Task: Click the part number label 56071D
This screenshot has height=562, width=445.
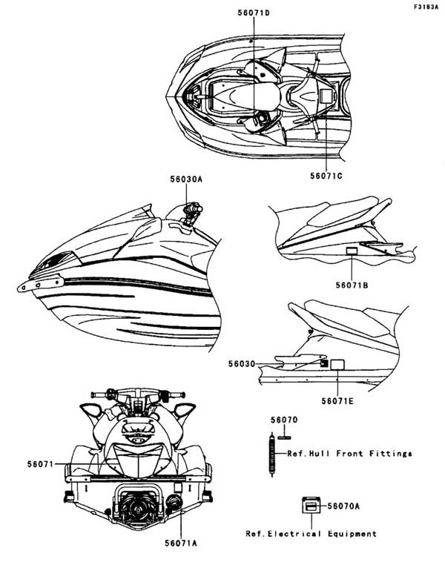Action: [x=254, y=13]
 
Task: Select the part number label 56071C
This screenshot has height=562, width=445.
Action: [x=326, y=176]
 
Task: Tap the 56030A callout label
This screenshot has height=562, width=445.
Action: [x=186, y=179]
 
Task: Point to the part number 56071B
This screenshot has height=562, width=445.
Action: [x=352, y=285]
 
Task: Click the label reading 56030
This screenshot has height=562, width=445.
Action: [x=242, y=364]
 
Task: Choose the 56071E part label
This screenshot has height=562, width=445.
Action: [x=337, y=400]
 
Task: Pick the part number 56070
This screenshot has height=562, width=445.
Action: [x=284, y=420]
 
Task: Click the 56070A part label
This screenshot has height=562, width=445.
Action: [x=343, y=506]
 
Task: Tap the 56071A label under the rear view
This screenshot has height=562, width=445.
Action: [x=181, y=543]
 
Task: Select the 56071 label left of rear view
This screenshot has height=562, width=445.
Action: [x=40, y=465]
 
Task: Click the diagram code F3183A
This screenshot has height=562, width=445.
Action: [x=426, y=7]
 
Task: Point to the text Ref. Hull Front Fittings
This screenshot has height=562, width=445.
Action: [x=349, y=454]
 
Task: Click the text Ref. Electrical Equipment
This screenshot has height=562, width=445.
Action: [x=311, y=534]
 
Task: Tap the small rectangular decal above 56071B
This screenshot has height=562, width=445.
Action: [x=352, y=251]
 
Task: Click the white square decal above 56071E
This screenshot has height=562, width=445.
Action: [x=337, y=365]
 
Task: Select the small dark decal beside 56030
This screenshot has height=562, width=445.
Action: [x=324, y=363]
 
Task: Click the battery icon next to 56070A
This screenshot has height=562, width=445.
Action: [x=311, y=506]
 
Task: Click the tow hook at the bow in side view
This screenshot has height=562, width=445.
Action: [x=41, y=284]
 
